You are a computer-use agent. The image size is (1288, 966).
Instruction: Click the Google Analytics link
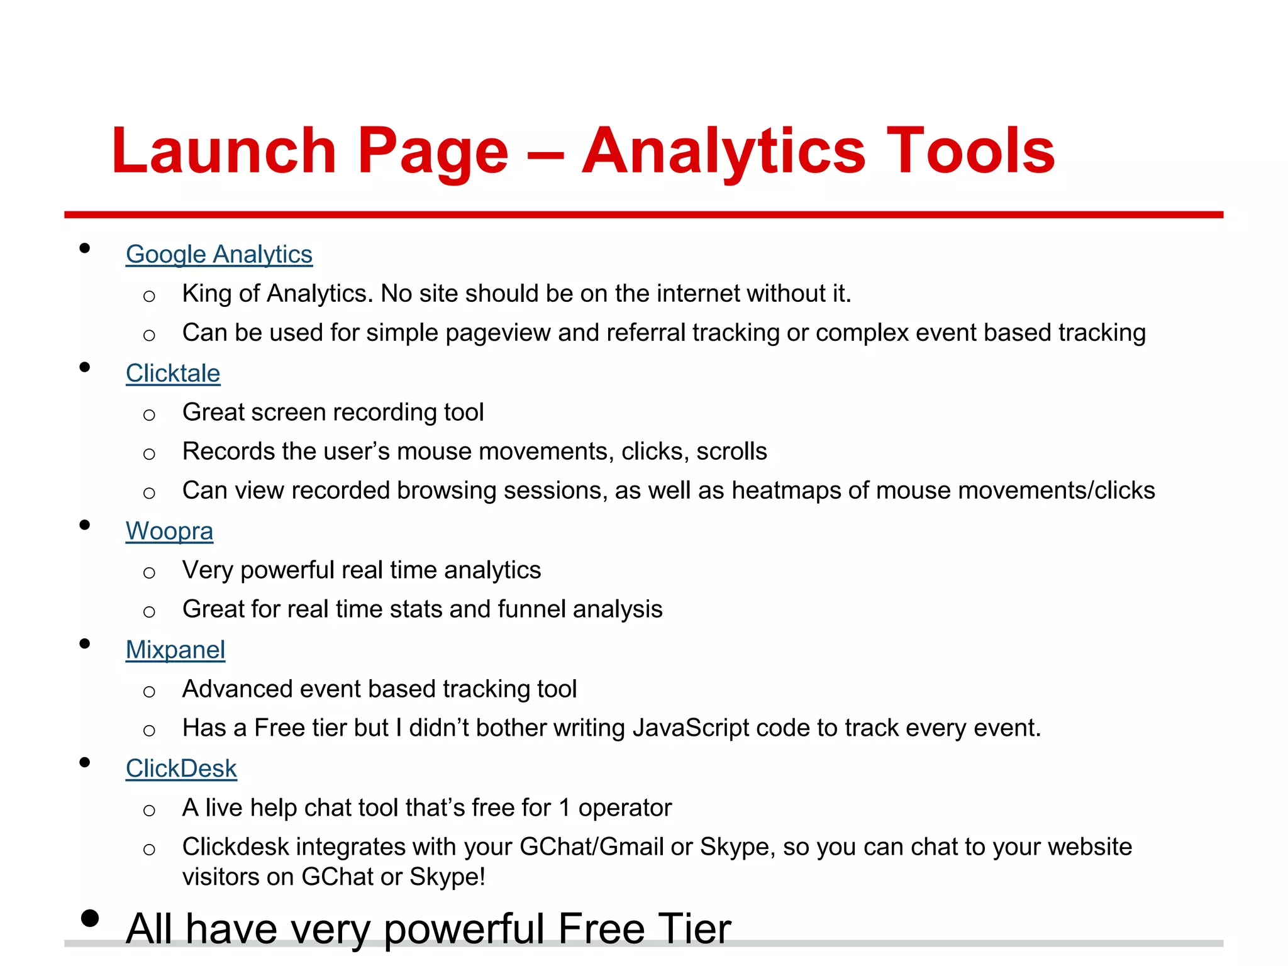point(219,255)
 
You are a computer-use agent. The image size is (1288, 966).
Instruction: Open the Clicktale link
point(173,374)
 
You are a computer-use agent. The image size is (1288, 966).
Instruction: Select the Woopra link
point(169,531)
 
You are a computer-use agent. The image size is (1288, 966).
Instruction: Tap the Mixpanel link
point(175,650)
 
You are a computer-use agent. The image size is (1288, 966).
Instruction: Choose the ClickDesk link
point(181,769)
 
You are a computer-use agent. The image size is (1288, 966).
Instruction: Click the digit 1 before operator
point(564,808)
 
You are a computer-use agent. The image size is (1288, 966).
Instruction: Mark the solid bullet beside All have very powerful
point(90,918)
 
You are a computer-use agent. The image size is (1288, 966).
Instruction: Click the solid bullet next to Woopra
point(85,525)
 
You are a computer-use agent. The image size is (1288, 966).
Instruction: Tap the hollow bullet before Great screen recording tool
point(149,415)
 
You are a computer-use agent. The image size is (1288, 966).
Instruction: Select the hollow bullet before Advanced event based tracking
point(149,692)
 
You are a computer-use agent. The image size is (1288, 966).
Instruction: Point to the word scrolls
point(731,452)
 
